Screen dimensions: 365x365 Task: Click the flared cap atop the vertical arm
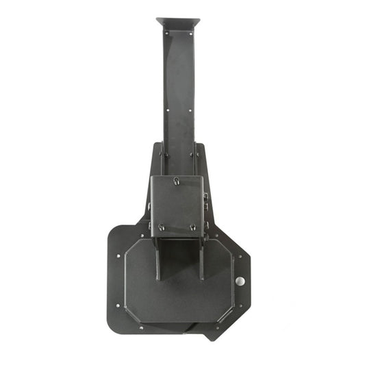pos(177,23)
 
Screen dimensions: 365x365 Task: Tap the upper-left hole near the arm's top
pos(167,32)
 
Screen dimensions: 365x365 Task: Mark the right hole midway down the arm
pos(190,108)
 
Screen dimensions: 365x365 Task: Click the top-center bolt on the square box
pos(177,181)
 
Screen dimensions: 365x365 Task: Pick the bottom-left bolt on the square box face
pos(161,227)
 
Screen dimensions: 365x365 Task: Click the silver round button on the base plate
pos(240,281)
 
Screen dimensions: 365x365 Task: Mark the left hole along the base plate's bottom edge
pos(142,327)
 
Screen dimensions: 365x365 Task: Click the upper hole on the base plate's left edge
pos(118,256)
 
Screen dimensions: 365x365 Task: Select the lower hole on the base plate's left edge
pos(118,306)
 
